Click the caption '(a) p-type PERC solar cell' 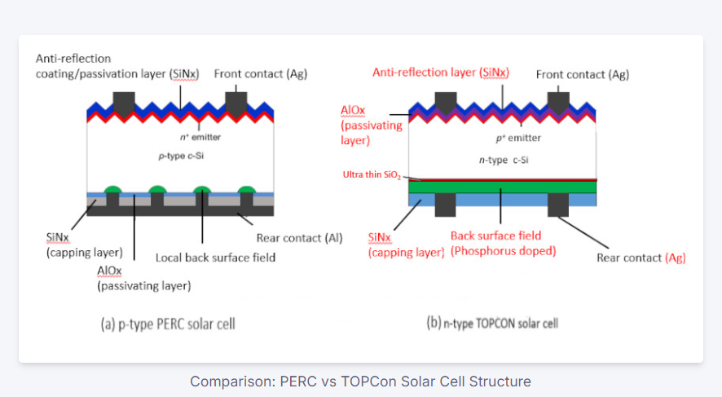168,324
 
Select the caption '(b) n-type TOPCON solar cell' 492,324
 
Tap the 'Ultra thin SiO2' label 372,175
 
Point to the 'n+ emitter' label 200,137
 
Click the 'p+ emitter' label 518,138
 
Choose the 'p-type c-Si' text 181,156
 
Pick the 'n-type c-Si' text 504,160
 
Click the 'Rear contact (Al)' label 299,238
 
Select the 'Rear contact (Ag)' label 641,258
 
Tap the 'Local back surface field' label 215,258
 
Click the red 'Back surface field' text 496,236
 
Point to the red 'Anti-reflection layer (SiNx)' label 441,73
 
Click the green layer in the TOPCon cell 502,187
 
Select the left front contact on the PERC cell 124,104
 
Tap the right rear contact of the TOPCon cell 558,205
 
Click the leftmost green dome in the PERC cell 112,189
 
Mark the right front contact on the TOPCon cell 558,104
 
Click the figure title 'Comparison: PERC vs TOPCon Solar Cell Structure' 360,382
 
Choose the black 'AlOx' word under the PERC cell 109,271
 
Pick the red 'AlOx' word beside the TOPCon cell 353,111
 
